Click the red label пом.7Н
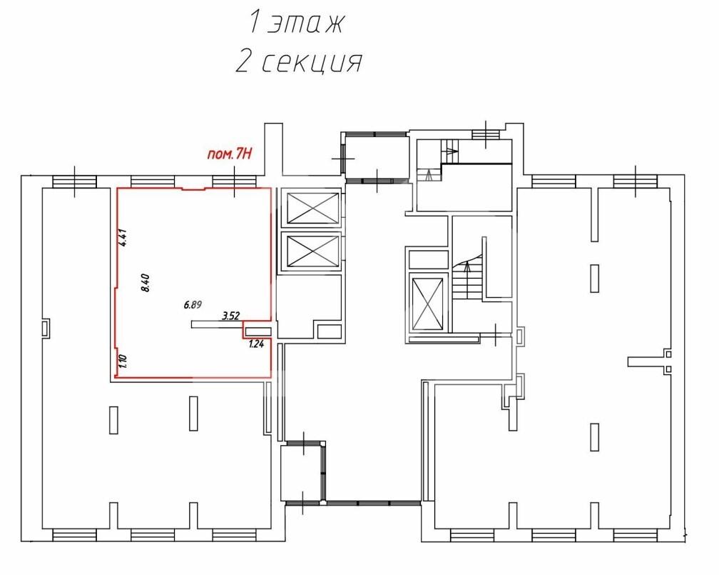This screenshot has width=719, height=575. (229, 154)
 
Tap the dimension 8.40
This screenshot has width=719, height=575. (146, 282)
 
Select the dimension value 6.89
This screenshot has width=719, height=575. (193, 304)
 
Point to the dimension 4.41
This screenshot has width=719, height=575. (123, 239)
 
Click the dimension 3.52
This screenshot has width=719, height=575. (230, 316)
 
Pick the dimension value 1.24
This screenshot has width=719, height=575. (256, 344)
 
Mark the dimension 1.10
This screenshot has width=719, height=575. (122, 362)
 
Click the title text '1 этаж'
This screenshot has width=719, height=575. (296, 22)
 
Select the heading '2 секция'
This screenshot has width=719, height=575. (299, 61)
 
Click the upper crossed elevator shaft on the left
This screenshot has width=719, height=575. (312, 208)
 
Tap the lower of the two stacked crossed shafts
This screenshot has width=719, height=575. (312, 251)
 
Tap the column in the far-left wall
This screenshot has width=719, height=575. (46, 329)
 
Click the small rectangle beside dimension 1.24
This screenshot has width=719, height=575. (257, 331)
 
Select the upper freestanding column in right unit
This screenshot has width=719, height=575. (594, 279)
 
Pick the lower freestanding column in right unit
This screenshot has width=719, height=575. (594, 437)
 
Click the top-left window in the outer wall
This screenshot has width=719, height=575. (74, 182)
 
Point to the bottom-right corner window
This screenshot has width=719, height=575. (635, 536)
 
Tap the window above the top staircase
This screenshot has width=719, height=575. (486, 134)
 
